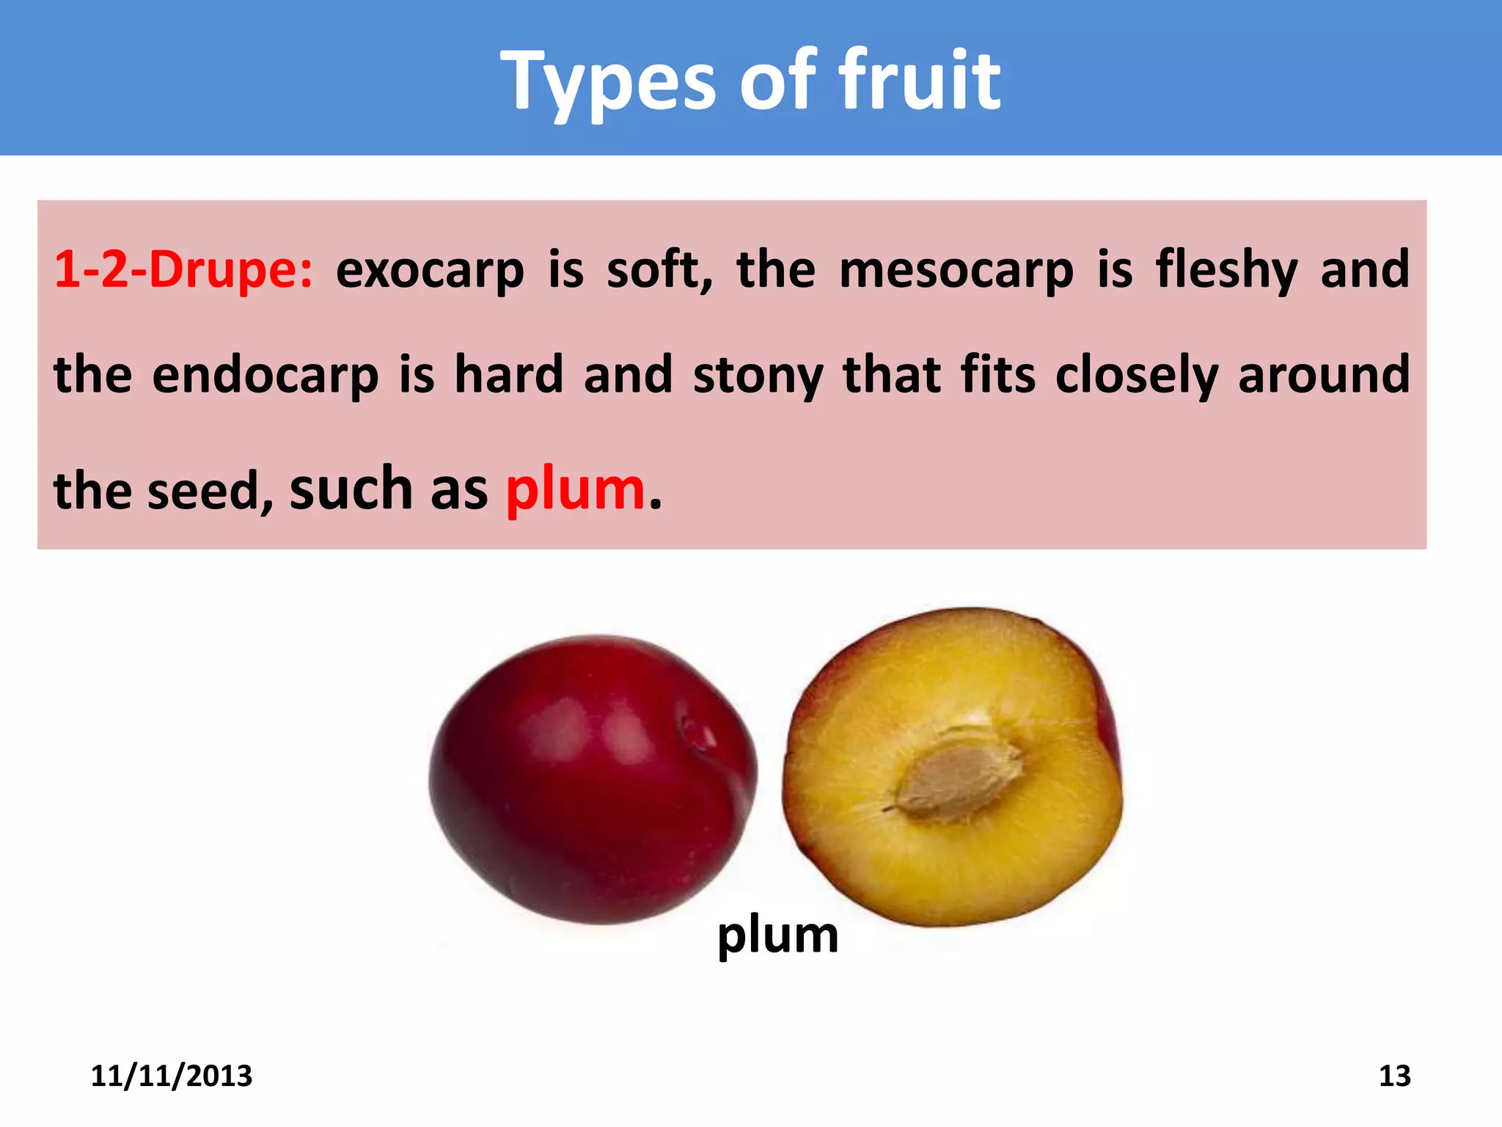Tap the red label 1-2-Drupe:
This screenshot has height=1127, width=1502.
click(183, 269)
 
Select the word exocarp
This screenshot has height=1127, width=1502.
click(430, 269)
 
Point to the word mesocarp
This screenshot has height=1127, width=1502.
click(956, 269)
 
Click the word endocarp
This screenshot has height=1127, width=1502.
click(265, 375)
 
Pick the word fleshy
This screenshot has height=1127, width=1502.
click(1227, 269)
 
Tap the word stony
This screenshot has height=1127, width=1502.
click(758, 375)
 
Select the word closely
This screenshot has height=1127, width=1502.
click(1137, 375)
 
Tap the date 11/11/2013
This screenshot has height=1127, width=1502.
click(172, 1076)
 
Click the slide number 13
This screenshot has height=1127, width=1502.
click(1394, 1076)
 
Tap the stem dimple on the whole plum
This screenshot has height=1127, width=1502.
click(697, 730)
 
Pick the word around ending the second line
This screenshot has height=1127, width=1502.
click(1324, 375)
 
